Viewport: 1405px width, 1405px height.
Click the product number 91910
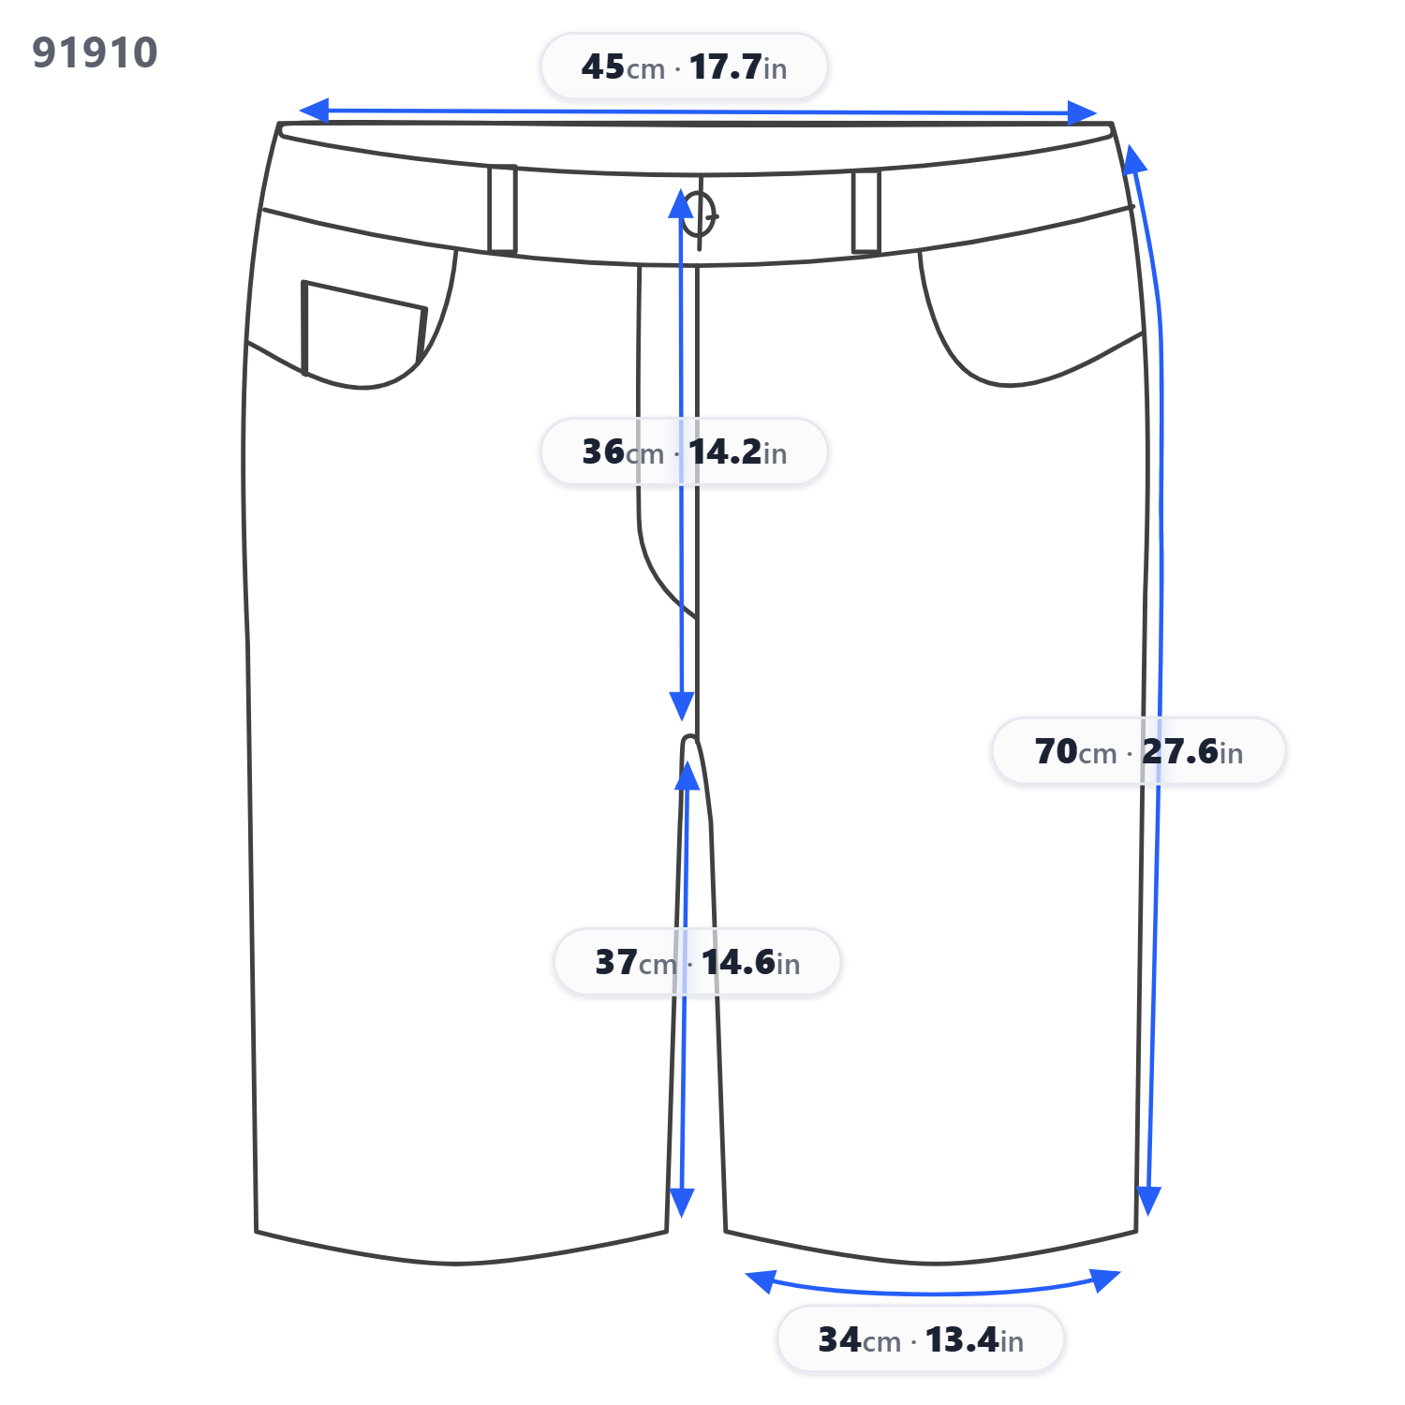coord(95,52)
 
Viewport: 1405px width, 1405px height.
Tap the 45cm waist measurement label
coord(684,67)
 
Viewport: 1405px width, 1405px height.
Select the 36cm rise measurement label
coord(684,451)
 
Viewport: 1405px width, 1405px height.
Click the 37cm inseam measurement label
coord(697,962)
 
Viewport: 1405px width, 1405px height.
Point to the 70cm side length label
coord(1138,751)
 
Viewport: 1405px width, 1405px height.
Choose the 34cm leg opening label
coord(921,1339)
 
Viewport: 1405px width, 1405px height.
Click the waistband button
coord(699,214)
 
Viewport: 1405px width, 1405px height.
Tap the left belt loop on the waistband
coord(502,209)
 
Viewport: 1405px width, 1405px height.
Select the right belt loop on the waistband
coord(866,212)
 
